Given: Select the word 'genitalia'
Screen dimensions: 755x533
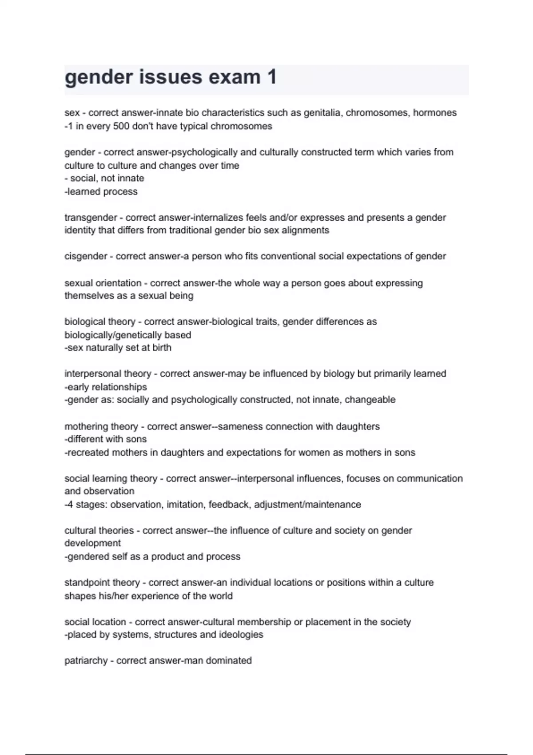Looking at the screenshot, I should click(322, 113).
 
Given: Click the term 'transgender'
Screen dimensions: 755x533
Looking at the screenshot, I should click(91, 218).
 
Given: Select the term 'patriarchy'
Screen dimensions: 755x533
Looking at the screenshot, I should click(86, 660).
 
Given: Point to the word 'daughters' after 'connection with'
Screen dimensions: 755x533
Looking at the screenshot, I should click(358, 426).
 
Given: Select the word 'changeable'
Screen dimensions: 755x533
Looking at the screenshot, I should click(370, 400).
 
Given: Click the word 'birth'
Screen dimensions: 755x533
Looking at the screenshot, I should click(162, 348).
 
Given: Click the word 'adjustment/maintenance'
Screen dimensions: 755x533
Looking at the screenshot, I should click(307, 505).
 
